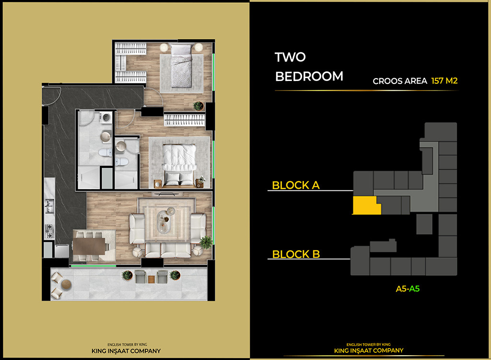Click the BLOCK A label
[295, 185]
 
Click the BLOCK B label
[296, 254]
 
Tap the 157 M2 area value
[444, 81]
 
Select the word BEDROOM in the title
[309, 76]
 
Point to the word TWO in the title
[290, 57]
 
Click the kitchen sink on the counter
[49, 207]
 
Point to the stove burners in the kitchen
[49, 231]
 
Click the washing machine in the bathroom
[105, 117]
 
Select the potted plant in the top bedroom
[198, 105]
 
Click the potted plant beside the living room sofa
[206, 242]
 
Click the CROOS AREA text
[400, 81]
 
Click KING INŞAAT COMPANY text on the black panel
[368, 350]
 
